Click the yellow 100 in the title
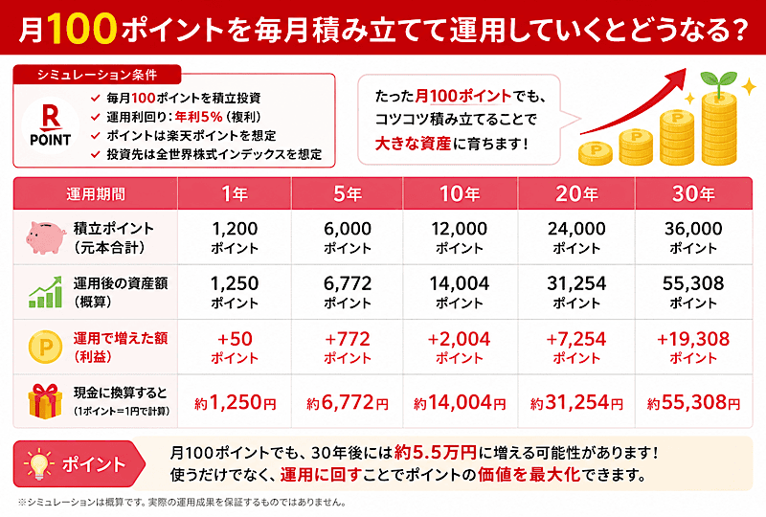point(82,29)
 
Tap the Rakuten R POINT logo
point(51,125)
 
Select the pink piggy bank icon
point(46,237)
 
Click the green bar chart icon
point(45,292)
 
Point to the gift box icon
point(45,401)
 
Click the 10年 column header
point(460,194)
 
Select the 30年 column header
point(693,194)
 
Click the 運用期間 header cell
point(96,194)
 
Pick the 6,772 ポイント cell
point(348,292)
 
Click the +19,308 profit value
point(693,339)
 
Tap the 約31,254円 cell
point(576,403)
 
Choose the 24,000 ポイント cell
point(576,237)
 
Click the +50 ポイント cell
point(235,347)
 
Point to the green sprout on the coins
point(718,83)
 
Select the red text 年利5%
point(198,117)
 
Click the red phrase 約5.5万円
point(436,453)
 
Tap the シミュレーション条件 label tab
point(98,75)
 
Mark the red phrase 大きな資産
point(413,144)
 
